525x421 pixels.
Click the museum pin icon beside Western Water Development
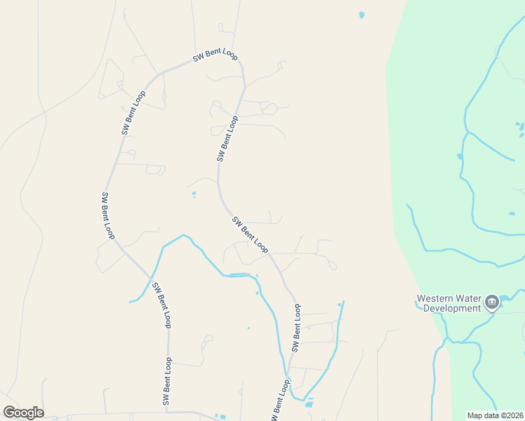[x=491, y=302]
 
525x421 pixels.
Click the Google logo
[x=23, y=413]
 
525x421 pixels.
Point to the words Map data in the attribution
[x=482, y=415]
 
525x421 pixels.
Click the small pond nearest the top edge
[x=362, y=14]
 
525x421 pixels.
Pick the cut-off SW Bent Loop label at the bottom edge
[x=279, y=402]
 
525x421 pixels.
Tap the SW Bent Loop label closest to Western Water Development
[x=297, y=328]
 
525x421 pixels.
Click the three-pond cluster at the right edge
[x=520, y=128]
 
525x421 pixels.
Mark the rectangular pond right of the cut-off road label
[x=308, y=403]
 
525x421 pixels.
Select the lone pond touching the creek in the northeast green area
[x=460, y=156]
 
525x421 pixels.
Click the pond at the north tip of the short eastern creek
[x=340, y=304]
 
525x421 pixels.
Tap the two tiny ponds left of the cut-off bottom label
[x=218, y=417]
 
